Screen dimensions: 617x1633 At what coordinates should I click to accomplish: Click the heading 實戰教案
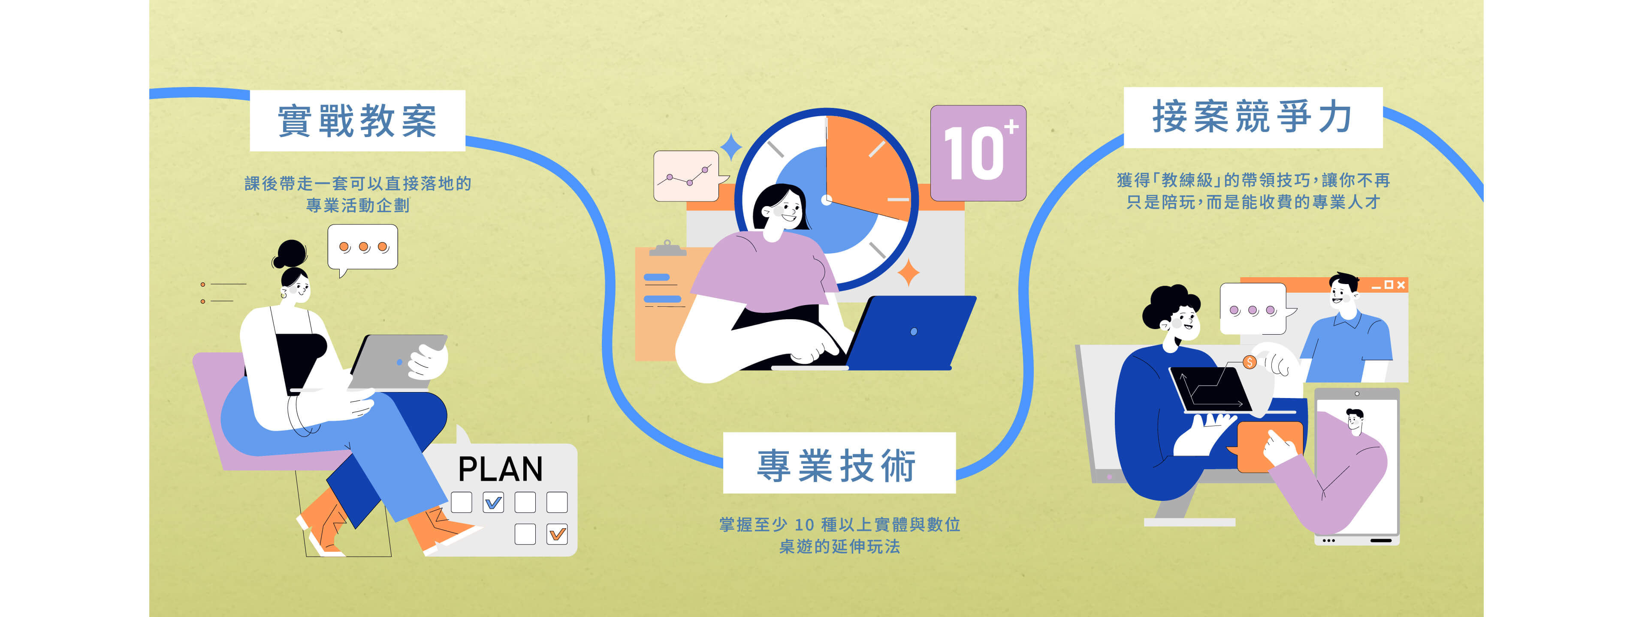(x=357, y=120)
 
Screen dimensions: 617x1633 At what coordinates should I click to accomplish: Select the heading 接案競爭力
(x=1252, y=117)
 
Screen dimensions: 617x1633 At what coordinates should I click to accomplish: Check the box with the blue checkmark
(x=493, y=502)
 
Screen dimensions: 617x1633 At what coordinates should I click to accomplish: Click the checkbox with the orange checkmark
(x=557, y=534)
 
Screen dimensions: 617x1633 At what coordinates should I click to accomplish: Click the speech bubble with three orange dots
(x=362, y=247)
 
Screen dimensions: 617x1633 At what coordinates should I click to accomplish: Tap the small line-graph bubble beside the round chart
(x=687, y=176)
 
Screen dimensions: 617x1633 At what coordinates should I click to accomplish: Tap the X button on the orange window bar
(x=1401, y=285)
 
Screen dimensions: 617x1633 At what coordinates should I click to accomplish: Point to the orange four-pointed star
(x=909, y=273)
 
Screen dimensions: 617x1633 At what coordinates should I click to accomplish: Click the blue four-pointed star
(x=731, y=147)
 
